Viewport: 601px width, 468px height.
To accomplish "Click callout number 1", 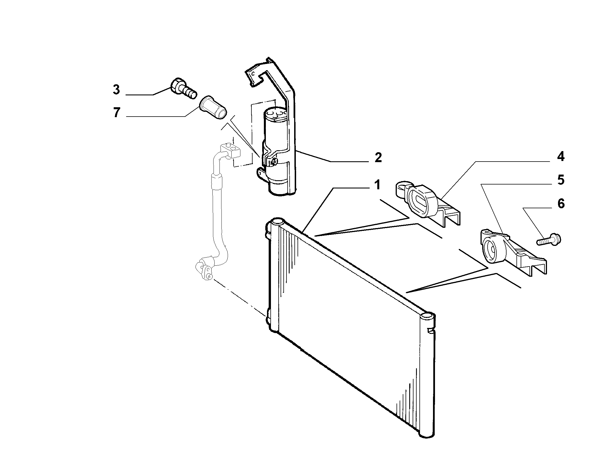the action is [x=377, y=185].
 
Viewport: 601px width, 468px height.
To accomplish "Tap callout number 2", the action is [x=378, y=157].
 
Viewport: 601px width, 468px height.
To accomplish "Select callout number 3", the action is [x=116, y=89].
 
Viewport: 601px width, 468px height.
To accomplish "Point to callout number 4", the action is [x=560, y=156].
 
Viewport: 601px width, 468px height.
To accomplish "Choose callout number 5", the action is [x=560, y=180].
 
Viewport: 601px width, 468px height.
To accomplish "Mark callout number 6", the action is [x=560, y=203].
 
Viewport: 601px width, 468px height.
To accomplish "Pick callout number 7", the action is [x=117, y=113].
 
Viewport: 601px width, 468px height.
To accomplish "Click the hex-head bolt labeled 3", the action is [x=184, y=89].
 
